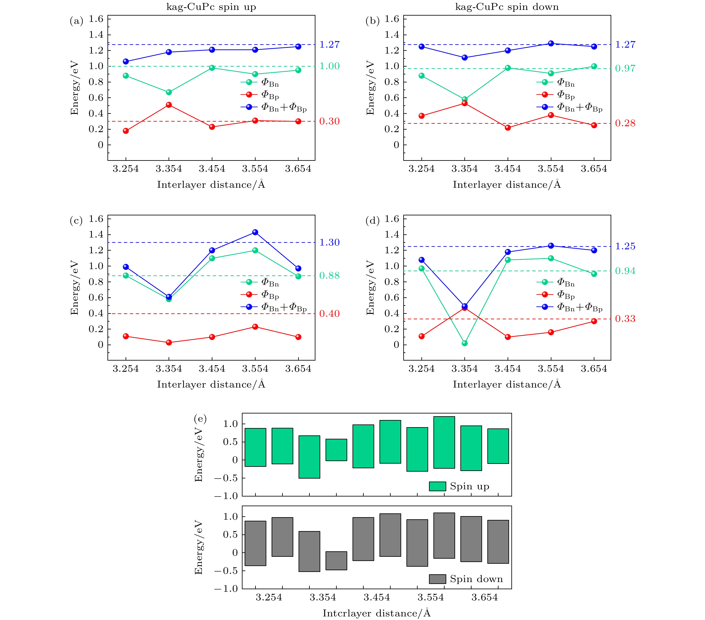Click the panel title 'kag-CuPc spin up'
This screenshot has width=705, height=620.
211,7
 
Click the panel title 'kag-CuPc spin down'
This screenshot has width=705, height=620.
507,7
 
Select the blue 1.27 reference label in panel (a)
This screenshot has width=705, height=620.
329,44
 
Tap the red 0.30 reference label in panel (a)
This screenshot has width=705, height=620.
329,121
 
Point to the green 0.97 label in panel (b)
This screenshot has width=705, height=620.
625,68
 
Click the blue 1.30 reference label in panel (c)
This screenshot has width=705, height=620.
329,243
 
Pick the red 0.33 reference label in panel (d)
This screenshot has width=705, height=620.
625,319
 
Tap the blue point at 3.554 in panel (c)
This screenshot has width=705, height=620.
255,232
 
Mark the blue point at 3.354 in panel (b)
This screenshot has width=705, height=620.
465,58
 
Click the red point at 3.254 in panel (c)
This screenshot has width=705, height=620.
126,336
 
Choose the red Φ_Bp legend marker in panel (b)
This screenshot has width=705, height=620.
545,95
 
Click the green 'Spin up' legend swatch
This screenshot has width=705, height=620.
437,486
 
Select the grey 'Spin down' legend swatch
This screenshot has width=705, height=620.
437,579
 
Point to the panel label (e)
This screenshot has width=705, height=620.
200,419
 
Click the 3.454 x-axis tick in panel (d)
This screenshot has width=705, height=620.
508,369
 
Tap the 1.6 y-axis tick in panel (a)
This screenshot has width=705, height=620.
96,19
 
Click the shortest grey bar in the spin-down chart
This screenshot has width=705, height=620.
336,561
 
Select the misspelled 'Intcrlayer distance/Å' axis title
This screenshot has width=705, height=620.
377,613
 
